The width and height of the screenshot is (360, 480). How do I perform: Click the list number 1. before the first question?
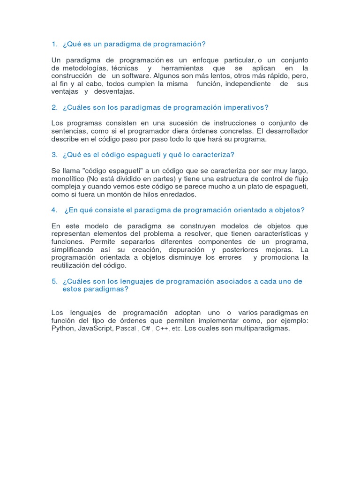(54, 44)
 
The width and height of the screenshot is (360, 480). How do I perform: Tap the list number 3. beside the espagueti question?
(54, 154)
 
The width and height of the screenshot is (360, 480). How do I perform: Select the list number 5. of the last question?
(54, 281)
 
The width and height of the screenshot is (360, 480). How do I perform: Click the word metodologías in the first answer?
(84, 68)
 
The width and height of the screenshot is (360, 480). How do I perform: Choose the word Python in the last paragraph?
(63, 329)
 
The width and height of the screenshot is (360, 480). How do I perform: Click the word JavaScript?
(95, 329)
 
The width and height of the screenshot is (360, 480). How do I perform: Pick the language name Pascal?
(125, 329)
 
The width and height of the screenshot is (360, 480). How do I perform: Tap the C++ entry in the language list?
(162, 329)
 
